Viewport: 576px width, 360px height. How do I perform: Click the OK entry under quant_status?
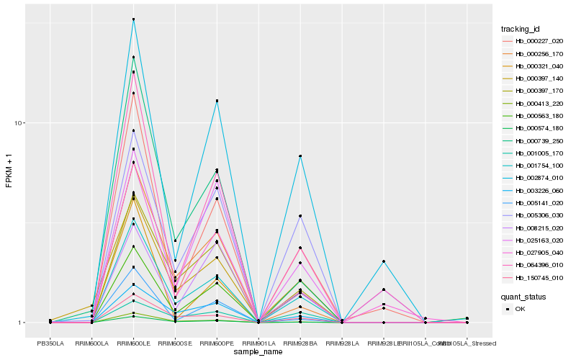click(521, 308)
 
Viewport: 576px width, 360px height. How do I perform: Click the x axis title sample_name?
click(258, 352)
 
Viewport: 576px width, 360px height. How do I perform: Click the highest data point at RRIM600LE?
click(133, 19)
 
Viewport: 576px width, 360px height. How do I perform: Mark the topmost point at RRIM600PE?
click(217, 101)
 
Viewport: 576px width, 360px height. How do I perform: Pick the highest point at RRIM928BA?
click(300, 156)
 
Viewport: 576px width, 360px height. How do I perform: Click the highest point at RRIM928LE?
click(384, 261)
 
